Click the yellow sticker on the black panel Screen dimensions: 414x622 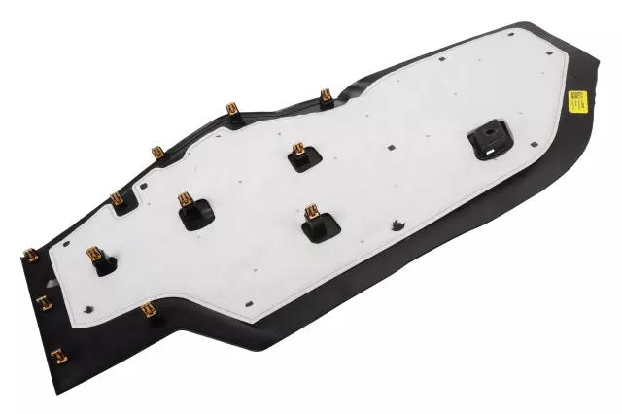pyautogui.click(x=577, y=101)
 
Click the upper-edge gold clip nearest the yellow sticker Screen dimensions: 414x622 pyautogui.click(x=326, y=95)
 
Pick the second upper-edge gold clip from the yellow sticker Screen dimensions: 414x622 pyautogui.click(x=233, y=111)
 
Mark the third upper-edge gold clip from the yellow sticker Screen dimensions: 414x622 pyautogui.click(x=157, y=154)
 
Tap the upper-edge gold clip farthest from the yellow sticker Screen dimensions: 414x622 pyautogui.click(x=117, y=201)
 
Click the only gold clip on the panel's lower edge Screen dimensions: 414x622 pyautogui.click(x=148, y=312)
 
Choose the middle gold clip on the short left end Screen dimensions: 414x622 pyautogui.click(x=43, y=303)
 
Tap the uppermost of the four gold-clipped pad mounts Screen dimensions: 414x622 pyautogui.click(x=300, y=155)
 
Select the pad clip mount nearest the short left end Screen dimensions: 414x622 pyautogui.click(x=98, y=259)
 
